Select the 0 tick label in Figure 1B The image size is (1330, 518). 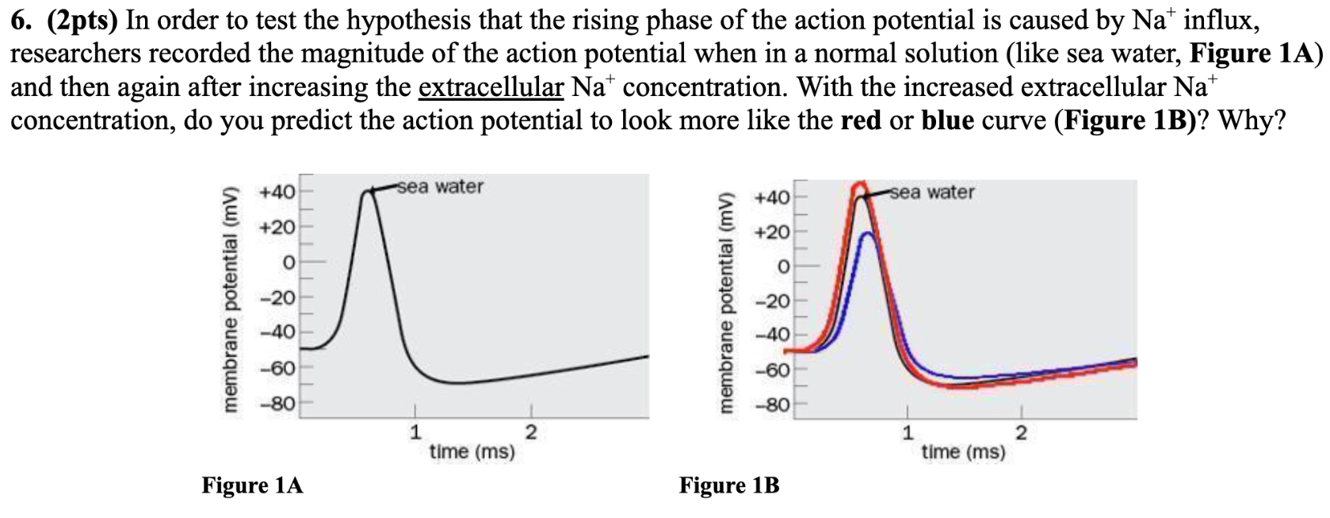[x=783, y=267]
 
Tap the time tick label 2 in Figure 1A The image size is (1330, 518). [x=530, y=432]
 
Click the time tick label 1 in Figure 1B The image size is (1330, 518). [x=908, y=433]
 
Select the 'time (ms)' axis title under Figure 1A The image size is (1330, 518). [x=472, y=452]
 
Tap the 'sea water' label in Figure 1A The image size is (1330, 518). [x=440, y=186]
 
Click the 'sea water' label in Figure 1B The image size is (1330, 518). [x=932, y=192]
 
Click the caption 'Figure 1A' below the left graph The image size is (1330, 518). [x=252, y=485]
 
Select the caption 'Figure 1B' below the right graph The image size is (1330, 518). [x=729, y=485]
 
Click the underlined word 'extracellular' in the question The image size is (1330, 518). [x=491, y=86]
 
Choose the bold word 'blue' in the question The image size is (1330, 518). [x=947, y=120]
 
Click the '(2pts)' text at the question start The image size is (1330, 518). [x=83, y=20]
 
